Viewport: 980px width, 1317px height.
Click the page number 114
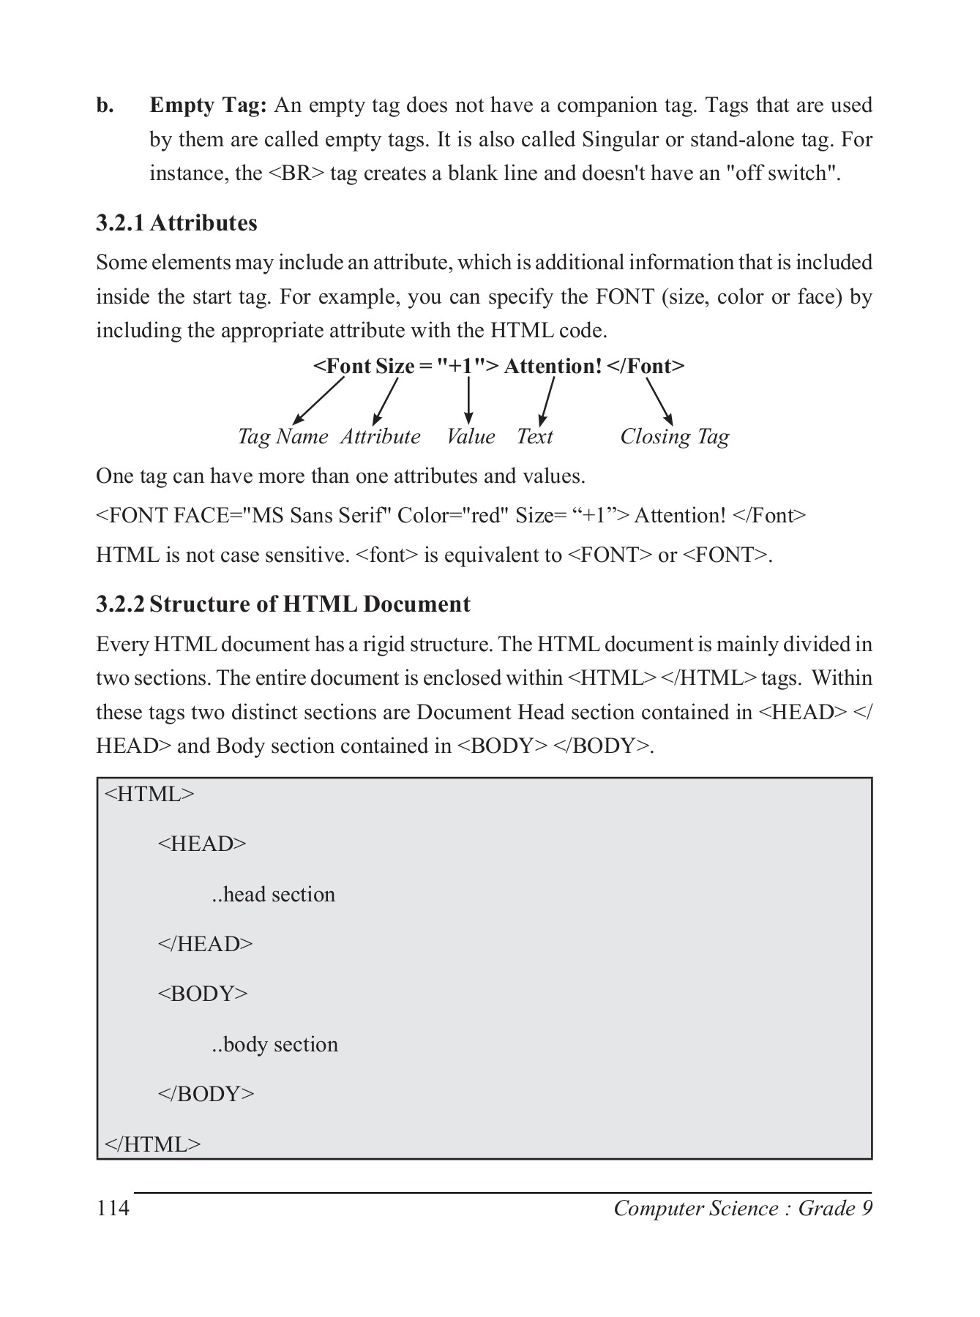click(113, 1208)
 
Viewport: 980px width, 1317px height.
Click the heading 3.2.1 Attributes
click(176, 222)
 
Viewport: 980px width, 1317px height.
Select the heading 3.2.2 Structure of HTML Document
click(283, 604)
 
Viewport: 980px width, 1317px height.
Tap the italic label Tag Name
click(283, 437)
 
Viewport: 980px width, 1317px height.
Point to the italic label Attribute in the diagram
click(381, 437)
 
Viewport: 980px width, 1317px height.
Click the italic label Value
click(471, 437)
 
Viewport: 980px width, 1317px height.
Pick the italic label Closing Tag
click(674, 437)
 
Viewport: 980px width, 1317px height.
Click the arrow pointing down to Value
click(468, 400)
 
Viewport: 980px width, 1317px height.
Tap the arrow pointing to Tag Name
click(318, 400)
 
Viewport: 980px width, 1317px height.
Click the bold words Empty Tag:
click(209, 105)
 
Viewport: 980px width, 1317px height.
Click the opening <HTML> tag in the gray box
click(150, 795)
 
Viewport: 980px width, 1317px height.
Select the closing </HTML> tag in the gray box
click(153, 1144)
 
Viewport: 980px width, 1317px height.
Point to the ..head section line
click(274, 895)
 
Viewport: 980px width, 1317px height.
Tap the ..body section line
click(275, 1045)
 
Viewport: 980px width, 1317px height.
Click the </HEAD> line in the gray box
click(206, 945)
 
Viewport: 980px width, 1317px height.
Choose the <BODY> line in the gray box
click(203, 994)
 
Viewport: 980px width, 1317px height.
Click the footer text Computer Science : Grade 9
click(743, 1208)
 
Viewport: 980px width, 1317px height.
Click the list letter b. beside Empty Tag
click(105, 105)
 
